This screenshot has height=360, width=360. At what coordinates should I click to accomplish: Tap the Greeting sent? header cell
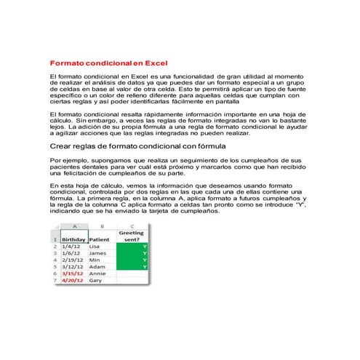coord(132,234)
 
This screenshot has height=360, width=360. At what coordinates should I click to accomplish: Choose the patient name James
coord(97,253)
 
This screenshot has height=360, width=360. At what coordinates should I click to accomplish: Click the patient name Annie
coord(97,273)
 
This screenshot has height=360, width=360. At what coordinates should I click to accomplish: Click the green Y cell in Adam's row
coord(132,267)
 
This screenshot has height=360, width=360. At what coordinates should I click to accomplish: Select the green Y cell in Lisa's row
coord(132,247)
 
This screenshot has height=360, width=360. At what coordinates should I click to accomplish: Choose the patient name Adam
coord(96,267)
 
